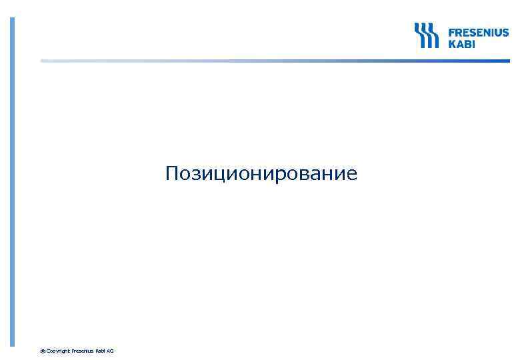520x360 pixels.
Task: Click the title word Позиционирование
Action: [261, 175]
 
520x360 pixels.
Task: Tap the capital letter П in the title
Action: [172, 174]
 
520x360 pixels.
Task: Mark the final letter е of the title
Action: [351, 176]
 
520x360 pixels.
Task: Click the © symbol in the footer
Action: [43, 351]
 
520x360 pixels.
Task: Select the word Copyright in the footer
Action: [58, 351]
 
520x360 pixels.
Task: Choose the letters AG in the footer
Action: [110, 351]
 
